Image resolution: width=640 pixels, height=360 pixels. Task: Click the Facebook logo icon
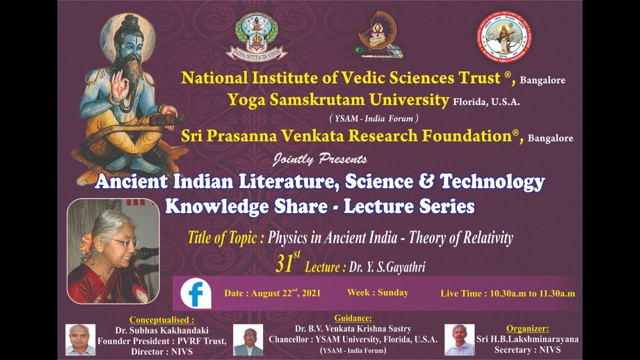195,293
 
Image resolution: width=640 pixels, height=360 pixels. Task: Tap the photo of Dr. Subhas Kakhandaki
80,340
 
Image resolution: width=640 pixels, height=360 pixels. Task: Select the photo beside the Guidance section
248,340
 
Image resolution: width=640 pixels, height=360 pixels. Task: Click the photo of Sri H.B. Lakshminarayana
459,340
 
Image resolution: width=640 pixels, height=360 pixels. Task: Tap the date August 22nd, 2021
272,293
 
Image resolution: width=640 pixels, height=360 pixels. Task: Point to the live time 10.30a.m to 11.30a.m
507,293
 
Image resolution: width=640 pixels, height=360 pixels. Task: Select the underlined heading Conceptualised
161,320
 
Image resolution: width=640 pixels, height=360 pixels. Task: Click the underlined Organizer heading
527,328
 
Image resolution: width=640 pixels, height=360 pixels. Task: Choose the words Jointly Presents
320,159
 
